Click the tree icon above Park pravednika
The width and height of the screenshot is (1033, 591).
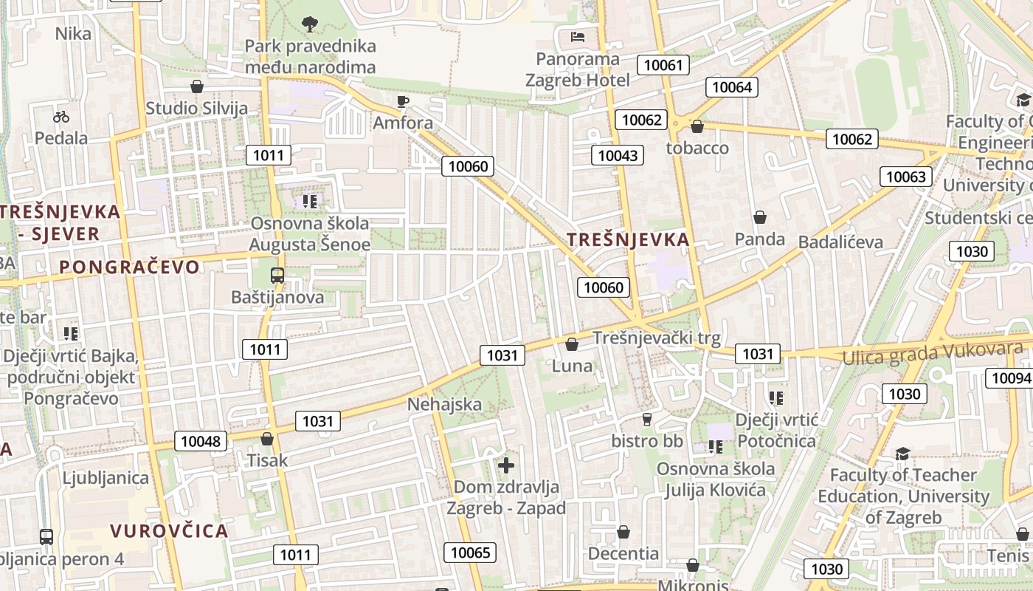(310, 24)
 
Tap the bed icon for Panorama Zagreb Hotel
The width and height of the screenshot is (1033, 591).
(578, 36)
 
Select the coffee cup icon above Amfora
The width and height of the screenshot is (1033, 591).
(402, 101)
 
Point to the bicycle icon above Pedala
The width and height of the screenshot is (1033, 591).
(61, 117)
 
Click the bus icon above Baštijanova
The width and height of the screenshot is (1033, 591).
(277, 276)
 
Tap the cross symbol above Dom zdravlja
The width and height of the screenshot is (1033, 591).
(506, 465)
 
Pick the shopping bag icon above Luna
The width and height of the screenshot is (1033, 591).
(572, 344)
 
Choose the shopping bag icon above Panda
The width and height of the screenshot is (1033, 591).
(760, 217)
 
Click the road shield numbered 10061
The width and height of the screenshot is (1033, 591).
(663, 65)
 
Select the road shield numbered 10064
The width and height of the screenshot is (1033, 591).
(732, 87)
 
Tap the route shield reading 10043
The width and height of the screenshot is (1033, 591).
(618, 155)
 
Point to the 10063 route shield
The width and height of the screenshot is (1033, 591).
(905, 177)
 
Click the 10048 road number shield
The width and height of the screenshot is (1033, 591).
(201, 442)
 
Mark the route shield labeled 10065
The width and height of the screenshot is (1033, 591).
(470, 553)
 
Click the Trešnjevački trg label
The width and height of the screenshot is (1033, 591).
(657, 338)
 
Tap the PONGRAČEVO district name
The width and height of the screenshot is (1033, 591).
(129, 267)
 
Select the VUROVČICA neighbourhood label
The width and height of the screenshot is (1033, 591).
(169, 530)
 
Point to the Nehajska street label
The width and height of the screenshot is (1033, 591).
(444, 404)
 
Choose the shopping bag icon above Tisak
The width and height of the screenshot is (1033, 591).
(267, 439)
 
